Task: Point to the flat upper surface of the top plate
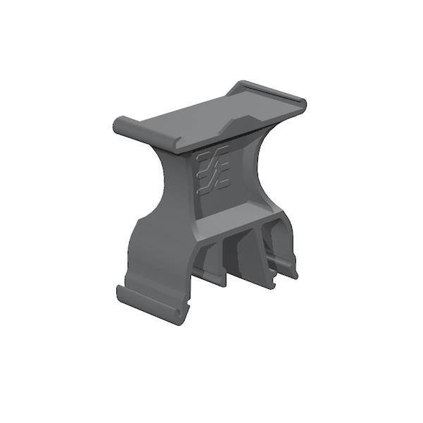pyautogui.click(x=211, y=113)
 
